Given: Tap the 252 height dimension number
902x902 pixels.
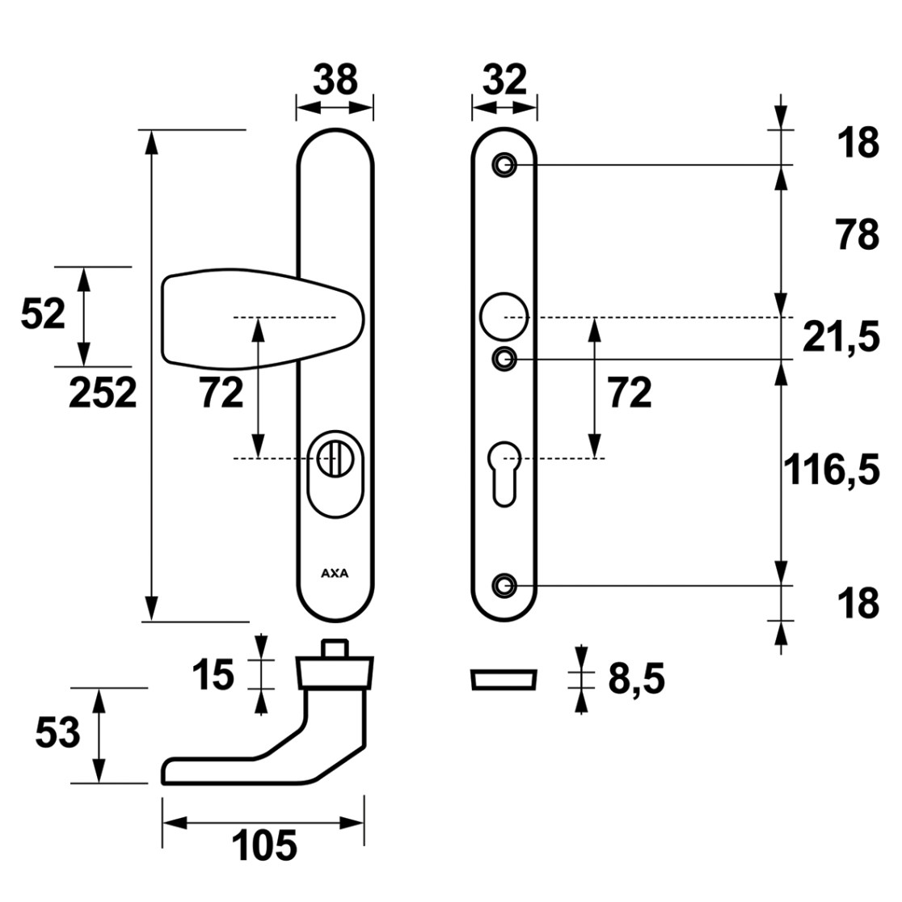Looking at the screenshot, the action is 103,393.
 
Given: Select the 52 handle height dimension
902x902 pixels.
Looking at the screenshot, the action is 43,314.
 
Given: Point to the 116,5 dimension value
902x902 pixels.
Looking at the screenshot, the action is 832,470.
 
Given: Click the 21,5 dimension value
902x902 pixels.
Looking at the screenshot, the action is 841,337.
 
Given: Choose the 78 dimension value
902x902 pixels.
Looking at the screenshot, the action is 858,234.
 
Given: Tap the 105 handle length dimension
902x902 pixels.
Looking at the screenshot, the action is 264,845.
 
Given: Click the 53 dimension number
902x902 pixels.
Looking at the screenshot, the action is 57,733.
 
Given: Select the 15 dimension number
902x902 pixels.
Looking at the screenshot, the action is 213,674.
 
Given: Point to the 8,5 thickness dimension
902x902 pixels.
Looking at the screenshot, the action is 636,679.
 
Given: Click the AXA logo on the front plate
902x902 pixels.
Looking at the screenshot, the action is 335,574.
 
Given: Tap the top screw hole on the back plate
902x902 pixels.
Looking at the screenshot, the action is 504,165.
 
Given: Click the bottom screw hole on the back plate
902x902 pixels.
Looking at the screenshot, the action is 504,586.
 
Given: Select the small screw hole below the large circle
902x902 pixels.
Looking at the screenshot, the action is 504,360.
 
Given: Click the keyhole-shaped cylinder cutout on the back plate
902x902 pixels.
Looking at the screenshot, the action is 504,474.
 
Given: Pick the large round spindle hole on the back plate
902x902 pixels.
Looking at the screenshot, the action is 504,317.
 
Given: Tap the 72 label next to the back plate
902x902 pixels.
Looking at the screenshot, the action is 630,393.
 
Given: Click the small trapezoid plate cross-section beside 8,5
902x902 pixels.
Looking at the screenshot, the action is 504,680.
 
